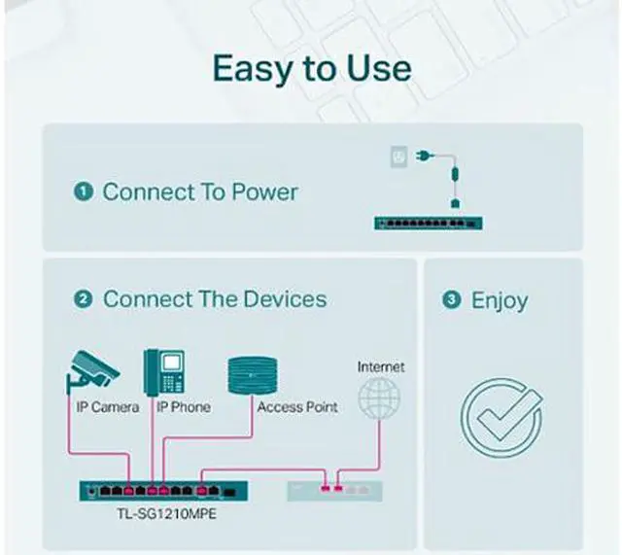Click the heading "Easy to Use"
[311, 69]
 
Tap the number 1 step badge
[83, 191]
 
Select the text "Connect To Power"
[200, 191]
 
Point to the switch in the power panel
[429, 223]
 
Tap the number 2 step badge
[84, 299]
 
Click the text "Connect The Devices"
[215, 299]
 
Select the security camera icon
[91, 366]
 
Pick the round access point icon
[253, 373]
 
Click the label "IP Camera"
[108, 407]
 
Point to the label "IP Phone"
[184, 407]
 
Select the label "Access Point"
[297, 407]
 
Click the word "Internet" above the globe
[381, 367]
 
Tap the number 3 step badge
[451, 300]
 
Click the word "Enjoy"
[500, 300]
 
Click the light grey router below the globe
[334, 489]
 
